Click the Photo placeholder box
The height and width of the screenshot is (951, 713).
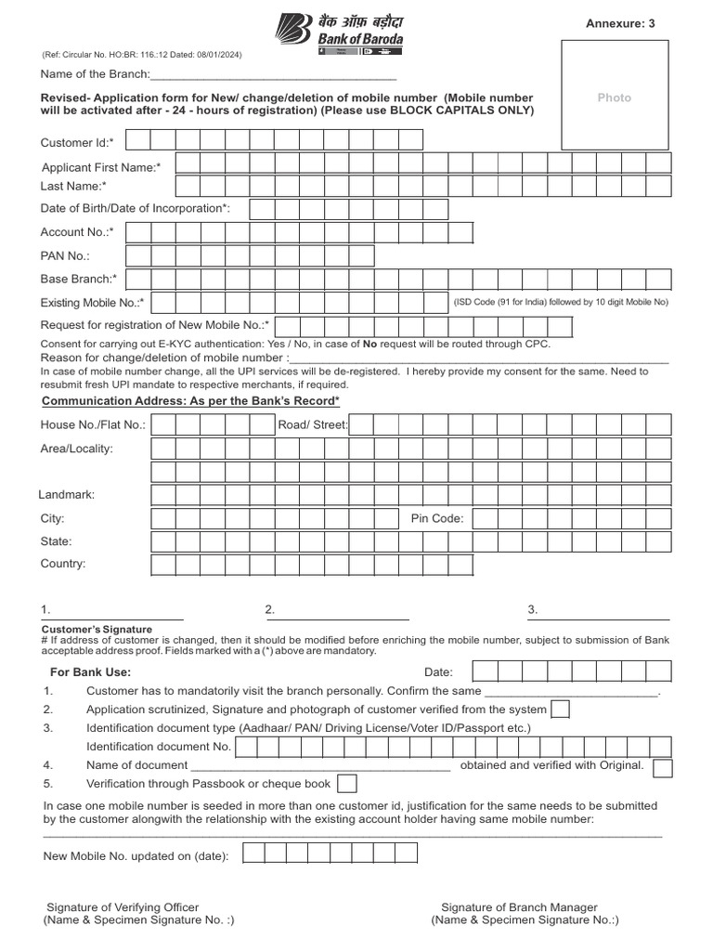[614, 98]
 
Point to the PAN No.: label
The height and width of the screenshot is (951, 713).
[65, 255]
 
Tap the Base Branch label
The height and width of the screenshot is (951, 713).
[78, 279]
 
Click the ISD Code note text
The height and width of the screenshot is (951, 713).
[561, 302]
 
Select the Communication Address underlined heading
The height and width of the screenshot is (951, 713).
[190, 400]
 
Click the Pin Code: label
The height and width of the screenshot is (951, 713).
[436, 518]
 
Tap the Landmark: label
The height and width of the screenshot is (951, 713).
[67, 495]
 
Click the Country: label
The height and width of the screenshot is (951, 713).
[62, 564]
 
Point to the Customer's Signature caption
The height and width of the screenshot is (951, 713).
[89, 629]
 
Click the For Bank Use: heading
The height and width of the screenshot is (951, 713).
[90, 671]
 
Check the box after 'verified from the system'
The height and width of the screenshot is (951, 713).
[561, 710]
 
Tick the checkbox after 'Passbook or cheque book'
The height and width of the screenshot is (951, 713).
[347, 784]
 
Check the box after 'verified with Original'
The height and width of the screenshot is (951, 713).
[662, 766]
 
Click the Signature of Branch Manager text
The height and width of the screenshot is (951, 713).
[519, 907]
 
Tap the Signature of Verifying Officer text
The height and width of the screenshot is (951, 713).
[123, 907]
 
